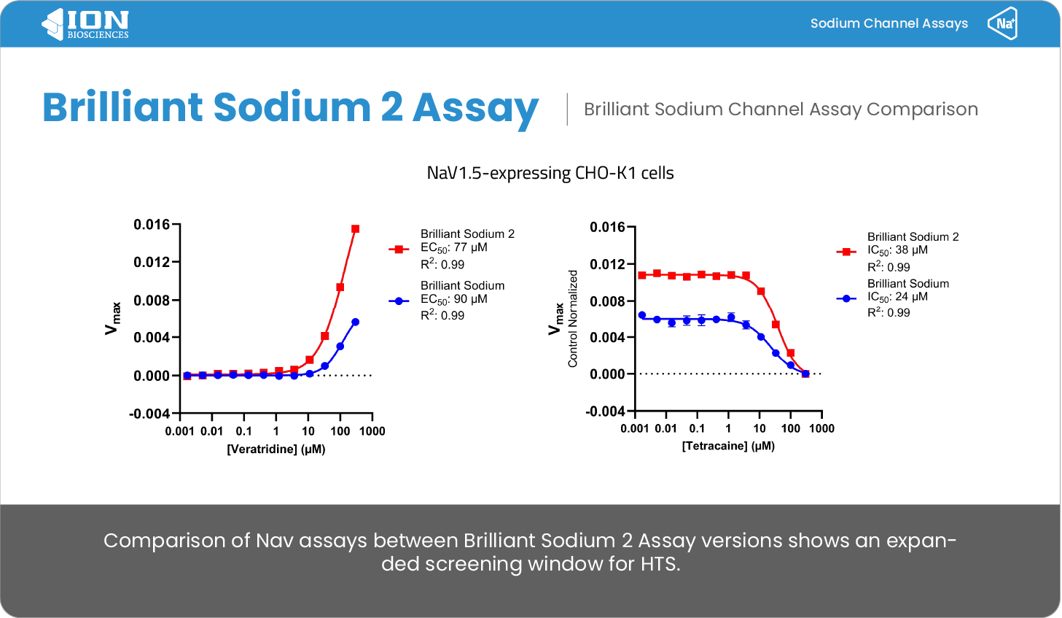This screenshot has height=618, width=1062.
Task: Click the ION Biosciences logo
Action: point(85,24)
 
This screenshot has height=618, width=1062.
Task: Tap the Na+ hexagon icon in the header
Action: point(1002,23)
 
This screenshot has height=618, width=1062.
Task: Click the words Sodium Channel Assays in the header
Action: point(889,23)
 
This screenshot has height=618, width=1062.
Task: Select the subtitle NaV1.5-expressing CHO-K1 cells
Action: point(550,173)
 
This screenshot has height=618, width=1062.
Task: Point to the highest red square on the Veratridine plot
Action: point(355,229)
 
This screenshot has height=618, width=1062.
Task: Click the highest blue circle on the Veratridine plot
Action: point(355,322)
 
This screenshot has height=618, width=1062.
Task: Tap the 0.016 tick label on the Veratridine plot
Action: point(151,225)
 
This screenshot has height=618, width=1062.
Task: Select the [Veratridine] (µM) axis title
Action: point(276,449)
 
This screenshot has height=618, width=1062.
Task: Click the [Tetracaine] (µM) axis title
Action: point(728,447)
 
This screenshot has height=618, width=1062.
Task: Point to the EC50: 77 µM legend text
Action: point(453,248)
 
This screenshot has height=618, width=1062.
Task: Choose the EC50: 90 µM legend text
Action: point(453,299)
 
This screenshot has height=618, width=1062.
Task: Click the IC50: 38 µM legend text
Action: point(897,250)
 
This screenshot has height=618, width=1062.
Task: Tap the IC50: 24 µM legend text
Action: point(897,297)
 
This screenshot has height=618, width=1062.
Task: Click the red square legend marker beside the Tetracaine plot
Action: point(846,252)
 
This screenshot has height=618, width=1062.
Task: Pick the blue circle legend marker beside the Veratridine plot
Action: point(399,301)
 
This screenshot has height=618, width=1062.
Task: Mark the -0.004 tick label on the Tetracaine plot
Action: point(605,411)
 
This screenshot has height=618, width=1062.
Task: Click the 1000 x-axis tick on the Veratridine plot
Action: point(372,431)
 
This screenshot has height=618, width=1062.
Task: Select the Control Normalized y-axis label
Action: point(573,319)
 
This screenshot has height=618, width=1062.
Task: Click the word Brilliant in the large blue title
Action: point(122,107)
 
